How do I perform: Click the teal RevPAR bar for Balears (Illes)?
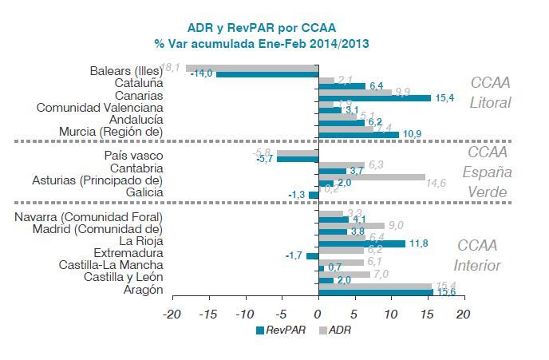point(267,74)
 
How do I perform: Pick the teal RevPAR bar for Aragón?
point(374,293)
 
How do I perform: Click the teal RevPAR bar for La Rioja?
point(361,243)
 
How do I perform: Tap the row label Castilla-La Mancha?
point(112,264)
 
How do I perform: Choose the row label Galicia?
point(144,192)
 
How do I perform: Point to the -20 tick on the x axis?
point(172,314)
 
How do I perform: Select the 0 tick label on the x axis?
point(317,314)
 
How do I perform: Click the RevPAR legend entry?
point(280,330)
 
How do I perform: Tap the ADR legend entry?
point(334,330)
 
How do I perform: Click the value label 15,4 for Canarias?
point(444,98)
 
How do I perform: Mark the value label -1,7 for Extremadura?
point(294,255)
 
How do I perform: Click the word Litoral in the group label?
point(488,102)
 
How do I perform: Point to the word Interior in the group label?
point(477,266)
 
